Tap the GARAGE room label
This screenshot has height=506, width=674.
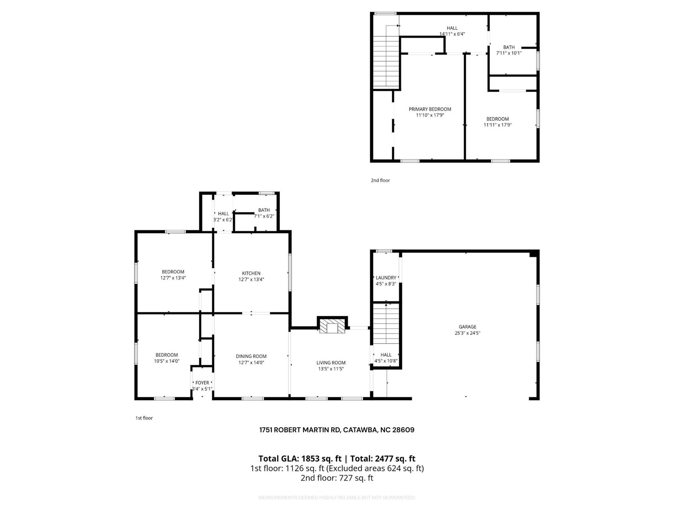(467, 327)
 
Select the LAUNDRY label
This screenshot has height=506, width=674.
(386, 278)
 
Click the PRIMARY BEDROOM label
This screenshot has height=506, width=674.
(430, 109)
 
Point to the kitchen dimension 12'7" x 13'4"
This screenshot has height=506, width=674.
(251, 279)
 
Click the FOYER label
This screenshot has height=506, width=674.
(202, 383)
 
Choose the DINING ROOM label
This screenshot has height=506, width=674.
(251, 356)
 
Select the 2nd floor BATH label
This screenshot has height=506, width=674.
(509, 47)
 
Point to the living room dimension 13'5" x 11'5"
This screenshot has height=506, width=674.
(331, 369)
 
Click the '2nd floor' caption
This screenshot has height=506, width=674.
(380, 180)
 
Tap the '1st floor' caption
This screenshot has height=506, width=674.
(144, 418)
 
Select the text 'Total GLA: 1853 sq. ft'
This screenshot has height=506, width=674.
(300, 459)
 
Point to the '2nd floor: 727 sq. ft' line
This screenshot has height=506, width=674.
(337, 478)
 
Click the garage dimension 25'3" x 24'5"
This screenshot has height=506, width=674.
(467, 333)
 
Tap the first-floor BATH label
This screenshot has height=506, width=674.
(264, 210)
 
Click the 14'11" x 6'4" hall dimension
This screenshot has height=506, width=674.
(452, 34)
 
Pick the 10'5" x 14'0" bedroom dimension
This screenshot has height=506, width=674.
(167, 361)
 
